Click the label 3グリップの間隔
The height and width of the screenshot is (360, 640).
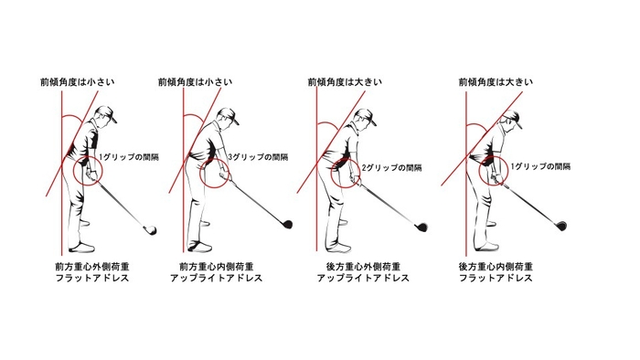point(258,157)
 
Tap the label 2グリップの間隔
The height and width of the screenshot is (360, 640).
point(392,167)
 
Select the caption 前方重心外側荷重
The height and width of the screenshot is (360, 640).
point(92,267)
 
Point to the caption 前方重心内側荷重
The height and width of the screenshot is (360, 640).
point(217,267)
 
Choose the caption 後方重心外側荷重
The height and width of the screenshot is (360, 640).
point(363,267)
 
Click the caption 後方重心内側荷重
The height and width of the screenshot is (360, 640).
point(496,267)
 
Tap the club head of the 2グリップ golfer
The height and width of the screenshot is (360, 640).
point(421,227)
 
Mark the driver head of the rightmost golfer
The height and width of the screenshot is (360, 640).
point(560,226)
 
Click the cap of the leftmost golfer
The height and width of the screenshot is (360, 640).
point(107,112)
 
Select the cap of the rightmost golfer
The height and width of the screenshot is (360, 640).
point(513,118)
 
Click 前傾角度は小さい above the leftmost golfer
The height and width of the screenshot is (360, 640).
point(77,82)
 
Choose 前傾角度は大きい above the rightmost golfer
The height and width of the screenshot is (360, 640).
point(496,82)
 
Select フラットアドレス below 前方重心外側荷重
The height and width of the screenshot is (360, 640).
point(92,278)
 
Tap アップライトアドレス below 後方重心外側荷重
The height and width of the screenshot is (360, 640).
point(363,278)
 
